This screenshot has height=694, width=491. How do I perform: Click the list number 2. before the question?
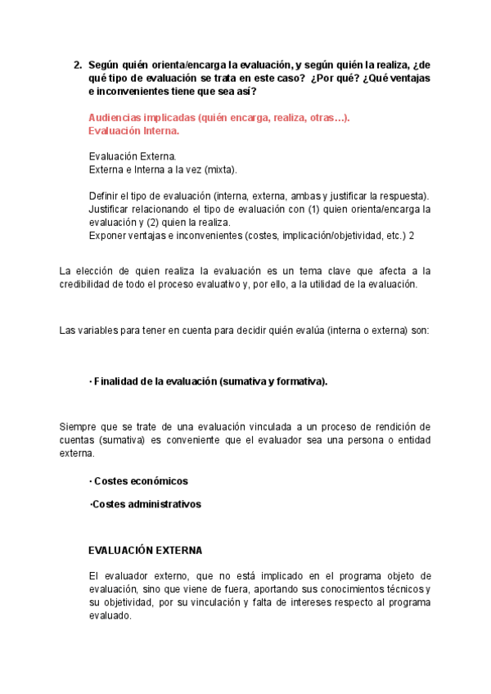(x=78, y=65)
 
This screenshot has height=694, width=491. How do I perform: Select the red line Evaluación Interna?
(x=133, y=130)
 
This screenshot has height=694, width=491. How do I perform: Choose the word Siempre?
(x=79, y=426)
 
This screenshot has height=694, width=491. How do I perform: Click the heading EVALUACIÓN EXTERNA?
(x=146, y=550)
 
